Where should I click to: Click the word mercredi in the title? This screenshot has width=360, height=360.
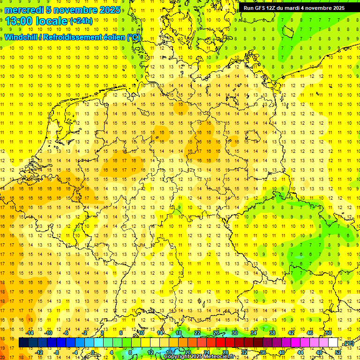click(24, 9)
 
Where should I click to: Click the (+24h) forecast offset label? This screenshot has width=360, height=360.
click(81, 21)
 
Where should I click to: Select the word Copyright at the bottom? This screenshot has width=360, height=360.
click(178, 357)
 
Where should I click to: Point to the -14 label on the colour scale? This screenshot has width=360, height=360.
click(30, 333)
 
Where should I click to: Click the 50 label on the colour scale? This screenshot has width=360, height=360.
click(329, 333)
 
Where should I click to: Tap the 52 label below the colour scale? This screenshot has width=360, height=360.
click(338, 352)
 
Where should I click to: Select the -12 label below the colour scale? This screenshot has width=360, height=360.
click(39, 352)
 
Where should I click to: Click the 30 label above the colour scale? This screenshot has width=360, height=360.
click(234, 333)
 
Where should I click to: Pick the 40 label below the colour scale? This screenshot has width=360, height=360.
click(282, 352)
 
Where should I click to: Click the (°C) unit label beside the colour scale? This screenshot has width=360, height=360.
click(348, 343)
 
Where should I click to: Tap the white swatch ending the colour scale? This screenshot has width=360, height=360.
click(333, 343)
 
